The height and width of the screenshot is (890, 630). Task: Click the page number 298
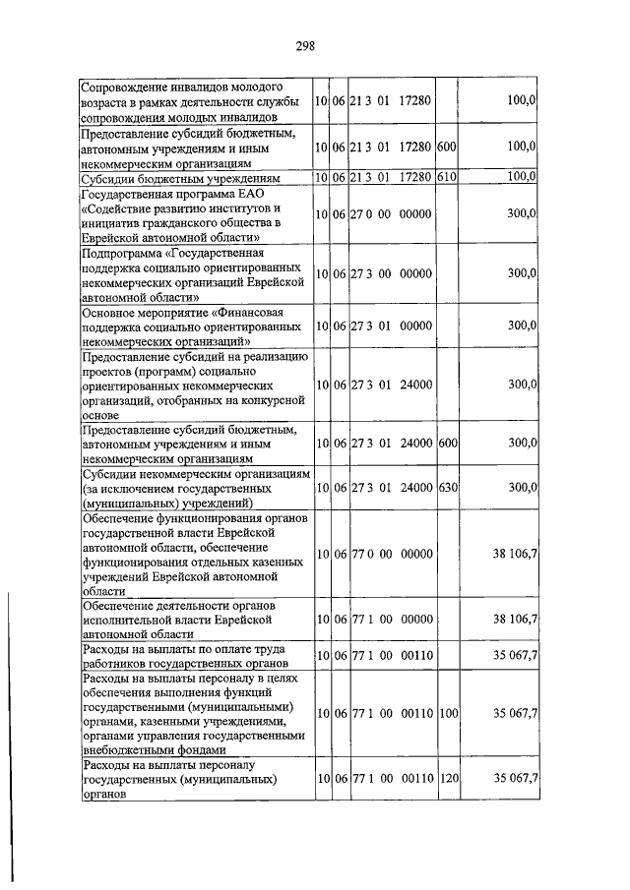[304, 45]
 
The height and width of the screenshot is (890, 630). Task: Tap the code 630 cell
[448, 487]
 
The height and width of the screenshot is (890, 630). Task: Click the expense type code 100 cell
[448, 713]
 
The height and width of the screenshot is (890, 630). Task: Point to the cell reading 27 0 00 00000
[391, 213]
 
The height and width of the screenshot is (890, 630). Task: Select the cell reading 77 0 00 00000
[391, 554]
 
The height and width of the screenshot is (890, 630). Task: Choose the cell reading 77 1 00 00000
[391, 619]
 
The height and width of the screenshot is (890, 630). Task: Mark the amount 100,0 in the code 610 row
[519, 178]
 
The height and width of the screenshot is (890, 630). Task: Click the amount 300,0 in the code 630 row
[519, 487]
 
